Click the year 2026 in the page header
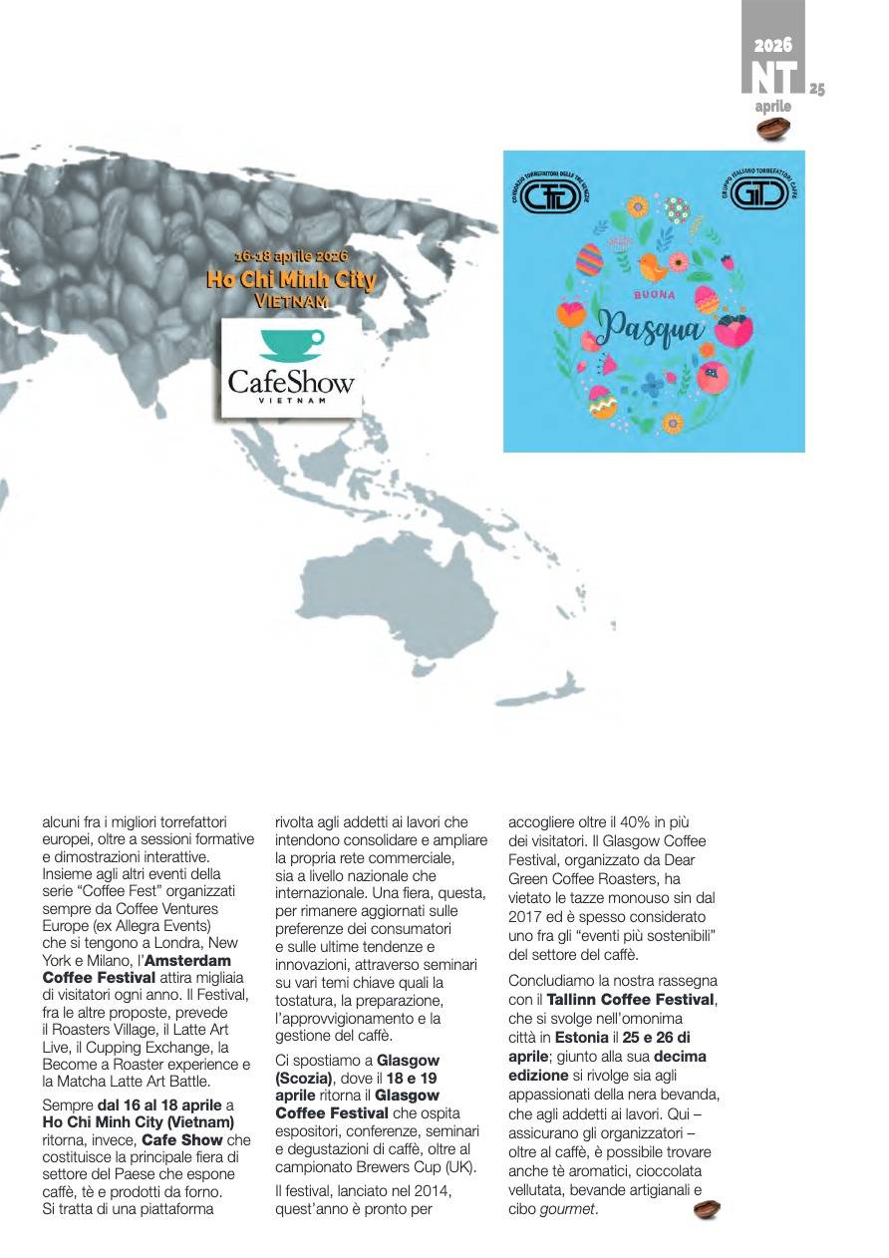[772, 46]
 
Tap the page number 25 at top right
[816, 90]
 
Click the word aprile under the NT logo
[773, 107]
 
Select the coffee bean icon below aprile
[773, 128]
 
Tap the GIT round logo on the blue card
[760, 191]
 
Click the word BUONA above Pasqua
[654, 295]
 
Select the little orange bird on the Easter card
[653, 266]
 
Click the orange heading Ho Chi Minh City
[291, 280]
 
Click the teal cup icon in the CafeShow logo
[291, 345]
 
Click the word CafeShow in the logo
[291, 381]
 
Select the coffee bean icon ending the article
[707, 1209]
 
